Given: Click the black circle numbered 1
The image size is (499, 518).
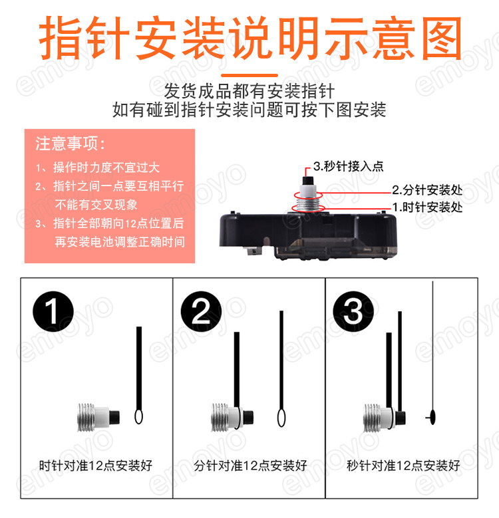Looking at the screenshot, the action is click(53, 311).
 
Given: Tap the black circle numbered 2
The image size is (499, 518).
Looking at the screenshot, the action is click(201, 311).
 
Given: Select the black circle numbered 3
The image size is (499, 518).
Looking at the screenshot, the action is click(353, 311).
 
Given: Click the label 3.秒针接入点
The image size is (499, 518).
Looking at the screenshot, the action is click(349, 166).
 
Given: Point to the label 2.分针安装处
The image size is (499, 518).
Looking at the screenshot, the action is click(427, 190).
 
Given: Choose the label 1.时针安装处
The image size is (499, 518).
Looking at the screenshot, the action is click(427, 207).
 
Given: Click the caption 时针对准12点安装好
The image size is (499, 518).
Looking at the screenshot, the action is click(96, 465).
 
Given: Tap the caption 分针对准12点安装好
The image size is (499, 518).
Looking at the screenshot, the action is click(250, 465).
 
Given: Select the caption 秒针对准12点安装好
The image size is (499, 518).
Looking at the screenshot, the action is click(403, 465).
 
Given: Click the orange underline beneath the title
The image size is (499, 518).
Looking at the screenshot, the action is click(249, 75).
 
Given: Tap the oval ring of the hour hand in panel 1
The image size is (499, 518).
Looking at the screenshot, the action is click(139, 416).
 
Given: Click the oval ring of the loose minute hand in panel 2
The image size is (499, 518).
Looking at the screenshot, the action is click(281, 418).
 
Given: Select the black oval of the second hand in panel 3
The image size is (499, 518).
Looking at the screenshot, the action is click(432, 417).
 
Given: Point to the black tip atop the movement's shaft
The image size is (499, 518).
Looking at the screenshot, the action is click(308, 181).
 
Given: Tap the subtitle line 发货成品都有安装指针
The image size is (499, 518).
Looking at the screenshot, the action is click(249, 91).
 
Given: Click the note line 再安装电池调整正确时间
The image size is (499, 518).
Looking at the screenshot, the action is click(120, 242).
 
